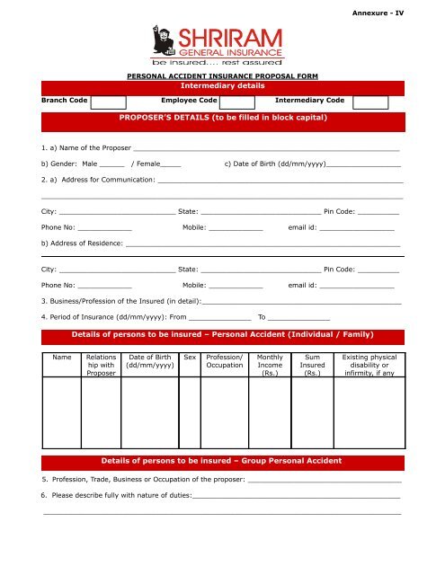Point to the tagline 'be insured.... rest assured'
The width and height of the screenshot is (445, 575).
click(x=215, y=65)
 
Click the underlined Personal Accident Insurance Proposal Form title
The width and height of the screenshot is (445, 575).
click(x=221, y=78)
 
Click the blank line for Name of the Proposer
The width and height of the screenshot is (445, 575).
click(x=265, y=146)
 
